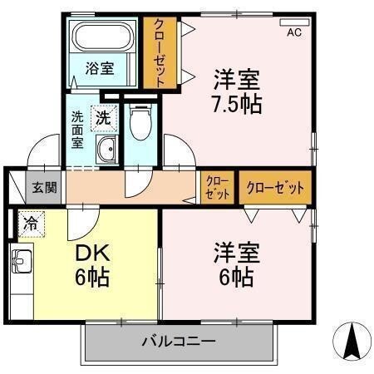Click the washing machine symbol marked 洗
(102, 119)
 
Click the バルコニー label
(178, 341)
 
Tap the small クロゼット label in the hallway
(217, 187)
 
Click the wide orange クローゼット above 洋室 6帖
(275, 187)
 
